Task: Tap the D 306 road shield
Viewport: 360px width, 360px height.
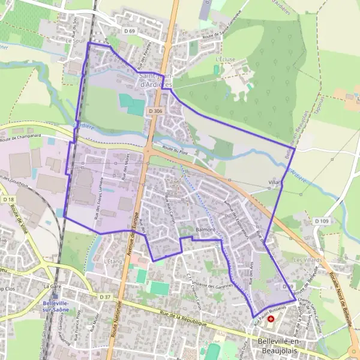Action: (155, 111)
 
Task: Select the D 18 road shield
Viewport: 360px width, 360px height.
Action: (8, 199)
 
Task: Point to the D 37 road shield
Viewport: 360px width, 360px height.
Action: (105, 296)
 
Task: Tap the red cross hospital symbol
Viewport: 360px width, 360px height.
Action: (271, 319)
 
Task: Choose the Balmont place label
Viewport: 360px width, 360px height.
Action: (205, 230)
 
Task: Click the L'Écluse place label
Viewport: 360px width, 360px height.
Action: (223, 60)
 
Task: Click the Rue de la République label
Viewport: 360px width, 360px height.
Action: (183, 316)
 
